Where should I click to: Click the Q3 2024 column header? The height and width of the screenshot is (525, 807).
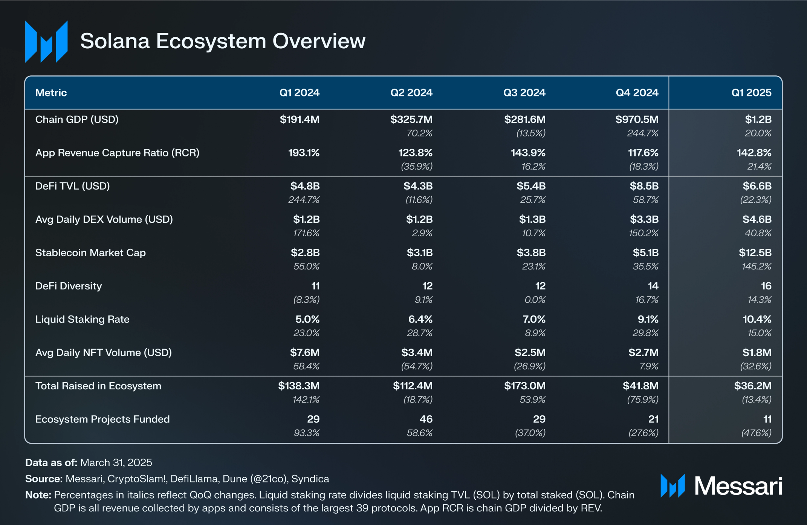click(x=524, y=93)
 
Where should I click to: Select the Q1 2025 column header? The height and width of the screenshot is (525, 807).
click(x=751, y=93)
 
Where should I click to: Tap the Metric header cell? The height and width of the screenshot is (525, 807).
click(x=51, y=93)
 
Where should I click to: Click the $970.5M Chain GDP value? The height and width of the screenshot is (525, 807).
click(x=637, y=119)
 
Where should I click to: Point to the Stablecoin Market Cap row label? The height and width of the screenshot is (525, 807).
click(x=90, y=253)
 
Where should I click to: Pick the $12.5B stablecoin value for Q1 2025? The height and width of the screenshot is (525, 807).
click(x=755, y=253)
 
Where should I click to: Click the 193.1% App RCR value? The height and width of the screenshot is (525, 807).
click(x=304, y=153)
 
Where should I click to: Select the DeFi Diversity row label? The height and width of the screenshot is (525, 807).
click(x=69, y=286)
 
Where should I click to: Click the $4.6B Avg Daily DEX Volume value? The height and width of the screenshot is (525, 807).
click(x=757, y=219)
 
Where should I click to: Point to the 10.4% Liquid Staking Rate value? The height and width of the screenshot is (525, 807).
click(x=757, y=319)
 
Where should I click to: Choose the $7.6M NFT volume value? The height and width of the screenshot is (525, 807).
click(x=304, y=353)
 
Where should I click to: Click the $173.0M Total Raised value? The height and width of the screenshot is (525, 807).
click(x=524, y=386)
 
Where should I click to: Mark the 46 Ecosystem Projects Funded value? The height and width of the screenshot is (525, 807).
click(x=426, y=419)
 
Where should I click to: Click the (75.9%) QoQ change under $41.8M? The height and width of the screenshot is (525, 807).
click(x=643, y=399)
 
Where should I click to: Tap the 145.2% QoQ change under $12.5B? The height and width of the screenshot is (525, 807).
click(x=757, y=266)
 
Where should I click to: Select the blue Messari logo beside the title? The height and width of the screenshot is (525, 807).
click(x=46, y=41)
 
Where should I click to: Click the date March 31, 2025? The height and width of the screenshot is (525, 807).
click(x=116, y=462)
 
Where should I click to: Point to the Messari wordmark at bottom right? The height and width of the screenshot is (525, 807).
click(x=738, y=486)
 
